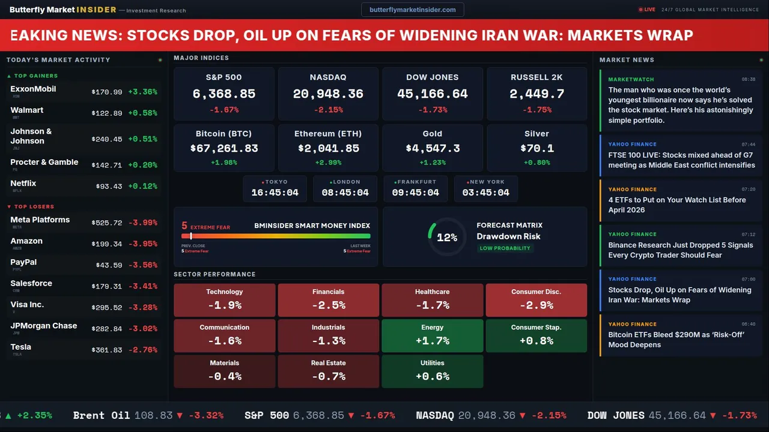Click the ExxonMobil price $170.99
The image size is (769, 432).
[x=107, y=92]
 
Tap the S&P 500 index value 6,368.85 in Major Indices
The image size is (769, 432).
[x=224, y=94]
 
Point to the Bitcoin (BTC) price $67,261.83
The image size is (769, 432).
[x=224, y=148]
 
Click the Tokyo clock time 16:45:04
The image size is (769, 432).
[x=275, y=193]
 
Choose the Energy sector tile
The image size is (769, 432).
[x=433, y=335]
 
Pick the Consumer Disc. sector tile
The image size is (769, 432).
[x=536, y=300]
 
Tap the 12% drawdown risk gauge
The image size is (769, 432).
[x=446, y=238]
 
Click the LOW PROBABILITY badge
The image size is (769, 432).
[x=505, y=248]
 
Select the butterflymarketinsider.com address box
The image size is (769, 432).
[x=413, y=10]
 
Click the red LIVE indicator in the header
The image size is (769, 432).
[x=647, y=10]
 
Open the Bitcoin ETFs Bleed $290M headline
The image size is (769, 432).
[x=676, y=340]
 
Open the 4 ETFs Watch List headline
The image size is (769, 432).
[x=676, y=205]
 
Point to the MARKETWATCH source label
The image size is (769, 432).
[x=631, y=79]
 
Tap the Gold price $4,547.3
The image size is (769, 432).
[x=433, y=148]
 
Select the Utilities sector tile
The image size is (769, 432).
[x=433, y=371]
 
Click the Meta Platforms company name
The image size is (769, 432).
[x=40, y=220]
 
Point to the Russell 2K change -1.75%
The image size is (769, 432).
[x=536, y=110]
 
